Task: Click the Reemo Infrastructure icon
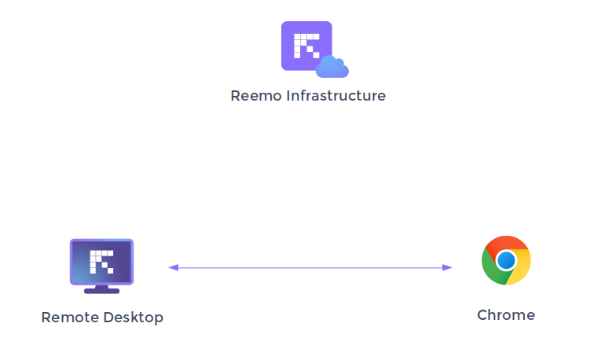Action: [307, 46]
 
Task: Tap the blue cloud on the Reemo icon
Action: [332, 68]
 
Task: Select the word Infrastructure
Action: [335, 96]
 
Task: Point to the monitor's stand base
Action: [101, 290]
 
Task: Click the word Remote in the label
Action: [69, 318]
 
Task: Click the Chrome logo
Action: [506, 260]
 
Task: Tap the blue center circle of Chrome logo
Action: [506, 260]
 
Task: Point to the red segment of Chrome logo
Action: [507, 243]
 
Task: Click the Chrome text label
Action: [506, 315]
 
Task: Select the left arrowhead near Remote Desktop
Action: [173, 267]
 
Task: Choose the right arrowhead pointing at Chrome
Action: [448, 267]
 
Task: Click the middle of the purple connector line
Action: [310, 267]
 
